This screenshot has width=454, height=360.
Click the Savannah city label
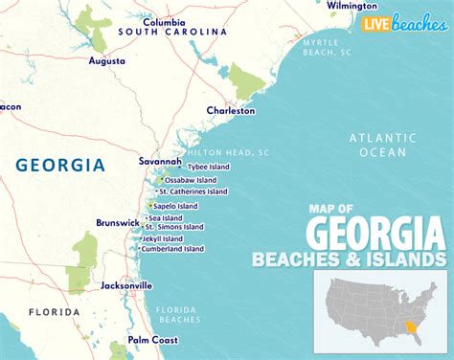click(159, 161)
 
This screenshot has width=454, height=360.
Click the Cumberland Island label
click(172, 249)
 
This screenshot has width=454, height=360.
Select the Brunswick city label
click(118, 223)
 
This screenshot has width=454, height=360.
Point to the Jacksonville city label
click(126, 285)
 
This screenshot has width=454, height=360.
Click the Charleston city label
click(231, 111)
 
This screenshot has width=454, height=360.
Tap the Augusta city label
click(106, 60)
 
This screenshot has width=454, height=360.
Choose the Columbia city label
click(165, 21)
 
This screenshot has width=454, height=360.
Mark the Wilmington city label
click(352, 6)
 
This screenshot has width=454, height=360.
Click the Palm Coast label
click(154, 340)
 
